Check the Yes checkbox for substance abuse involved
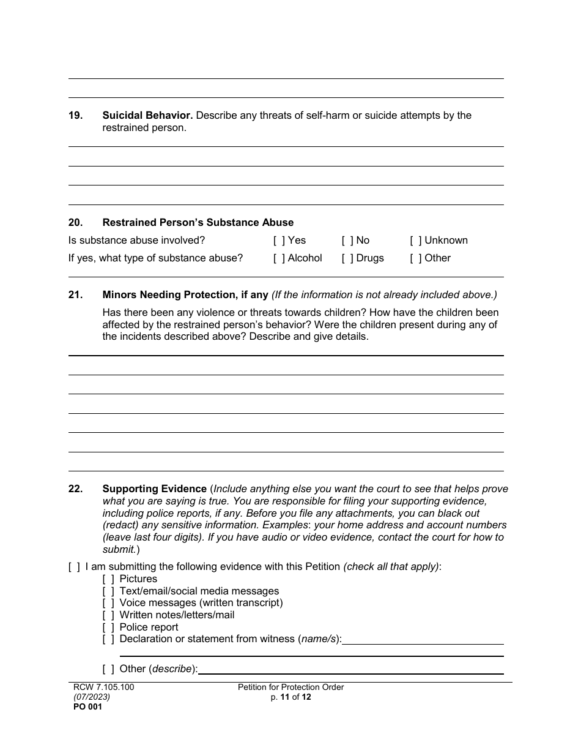coord(279,241)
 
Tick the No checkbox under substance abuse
coord(347,241)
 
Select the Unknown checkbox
coord(416,241)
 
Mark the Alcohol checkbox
coord(279,258)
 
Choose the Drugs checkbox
coord(347,258)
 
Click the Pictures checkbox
coord(108,579)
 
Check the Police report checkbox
coord(108,627)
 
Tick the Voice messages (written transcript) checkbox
coord(108,603)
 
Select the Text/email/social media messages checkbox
coord(108,591)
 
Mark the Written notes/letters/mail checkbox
coord(108,615)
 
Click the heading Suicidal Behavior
coord(147,115)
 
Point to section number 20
coord(75,223)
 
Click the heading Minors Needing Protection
coord(185,295)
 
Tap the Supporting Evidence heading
coord(154,489)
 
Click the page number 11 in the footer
coord(285,697)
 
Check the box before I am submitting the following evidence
coord(74,567)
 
